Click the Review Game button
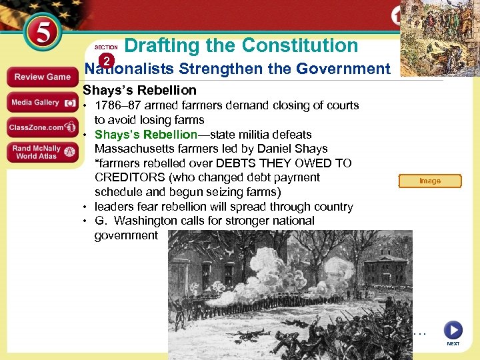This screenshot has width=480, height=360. (43, 77)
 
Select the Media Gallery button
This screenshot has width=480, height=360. (43, 103)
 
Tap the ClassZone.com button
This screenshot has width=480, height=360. (43, 127)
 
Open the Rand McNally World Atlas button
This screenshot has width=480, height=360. (43, 152)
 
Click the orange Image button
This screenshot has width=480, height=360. (430, 181)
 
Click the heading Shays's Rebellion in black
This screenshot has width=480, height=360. (139, 90)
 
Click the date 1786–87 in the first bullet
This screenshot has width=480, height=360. (117, 105)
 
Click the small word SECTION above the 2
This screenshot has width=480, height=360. (106, 47)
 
